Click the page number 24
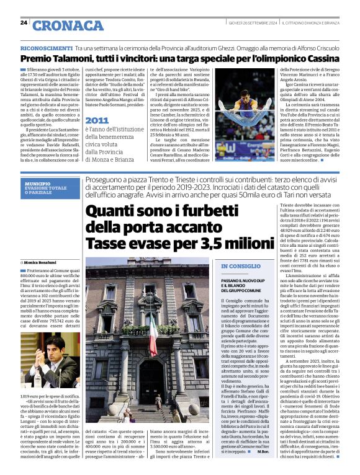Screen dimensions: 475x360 coord(24,22)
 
